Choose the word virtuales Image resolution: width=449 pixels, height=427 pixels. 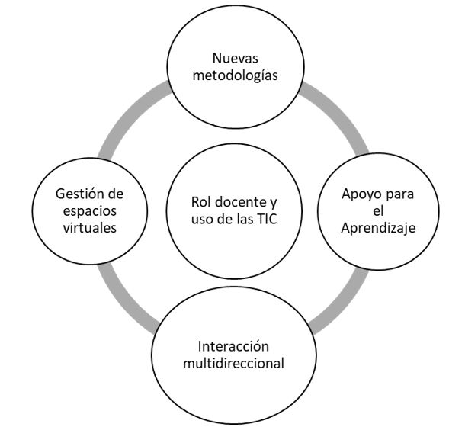point(81,229)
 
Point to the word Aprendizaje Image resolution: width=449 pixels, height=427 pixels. point(378,230)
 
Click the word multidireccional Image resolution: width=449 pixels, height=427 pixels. point(229,363)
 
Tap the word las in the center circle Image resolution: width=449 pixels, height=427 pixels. point(236,221)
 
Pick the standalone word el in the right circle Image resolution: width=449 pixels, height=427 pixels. point(378,211)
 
